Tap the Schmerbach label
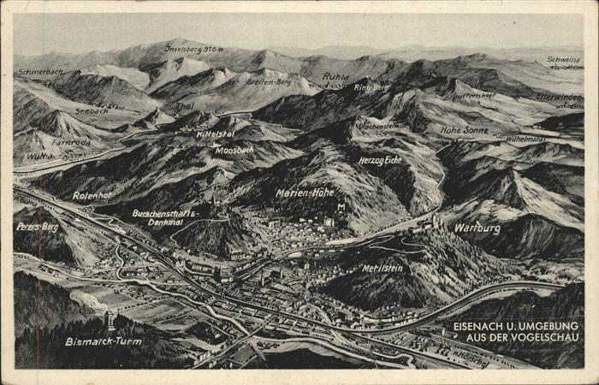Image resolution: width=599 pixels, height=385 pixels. pyautogui.click(x=41, y=73)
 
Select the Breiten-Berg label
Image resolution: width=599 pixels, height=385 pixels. pyautogui.click(x=269, y=82)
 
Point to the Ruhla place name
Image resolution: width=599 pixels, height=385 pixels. pyautogui.click(x=335, y=77)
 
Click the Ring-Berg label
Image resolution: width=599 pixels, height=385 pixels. pyautogui.click(x=371, y=86)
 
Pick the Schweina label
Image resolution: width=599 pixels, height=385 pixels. pyautogui.click(x=563, y=60)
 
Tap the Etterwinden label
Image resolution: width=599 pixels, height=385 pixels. pyautogui.click(x=559, y=98)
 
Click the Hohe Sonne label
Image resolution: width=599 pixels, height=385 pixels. pyautogui.click(x=464, y=130)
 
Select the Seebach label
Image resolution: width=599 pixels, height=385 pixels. pyautogui.click(x=91, y=110)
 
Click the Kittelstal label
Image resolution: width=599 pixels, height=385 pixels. pyautogui.click(x=215, y=134)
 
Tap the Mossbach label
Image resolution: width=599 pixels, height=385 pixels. pyautogui.click(x=234, y=150)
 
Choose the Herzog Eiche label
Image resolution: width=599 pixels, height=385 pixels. pyautogui.click(x=380, y=160)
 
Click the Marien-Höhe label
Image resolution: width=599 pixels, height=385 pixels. pyautogui.click(x=305, y=192)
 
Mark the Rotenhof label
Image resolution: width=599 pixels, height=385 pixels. pyautogui.click(x=92, y=196)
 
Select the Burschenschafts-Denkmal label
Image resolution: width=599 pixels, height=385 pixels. pyautogui.click(x=164, y=216)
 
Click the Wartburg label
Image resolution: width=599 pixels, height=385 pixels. pyautogui.click(x=477, y=228)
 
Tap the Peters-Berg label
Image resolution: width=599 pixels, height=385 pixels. pyautogui.click(x=38, y=227)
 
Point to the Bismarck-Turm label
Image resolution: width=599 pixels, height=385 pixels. pyautogui.click(x=103, y=341)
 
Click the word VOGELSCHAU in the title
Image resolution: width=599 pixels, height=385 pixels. pyautogui.click(x=545, y=338)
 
